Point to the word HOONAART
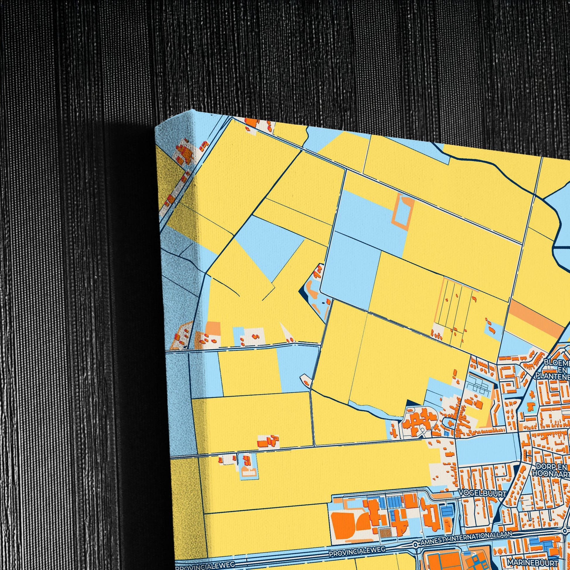tap(551, 474)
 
